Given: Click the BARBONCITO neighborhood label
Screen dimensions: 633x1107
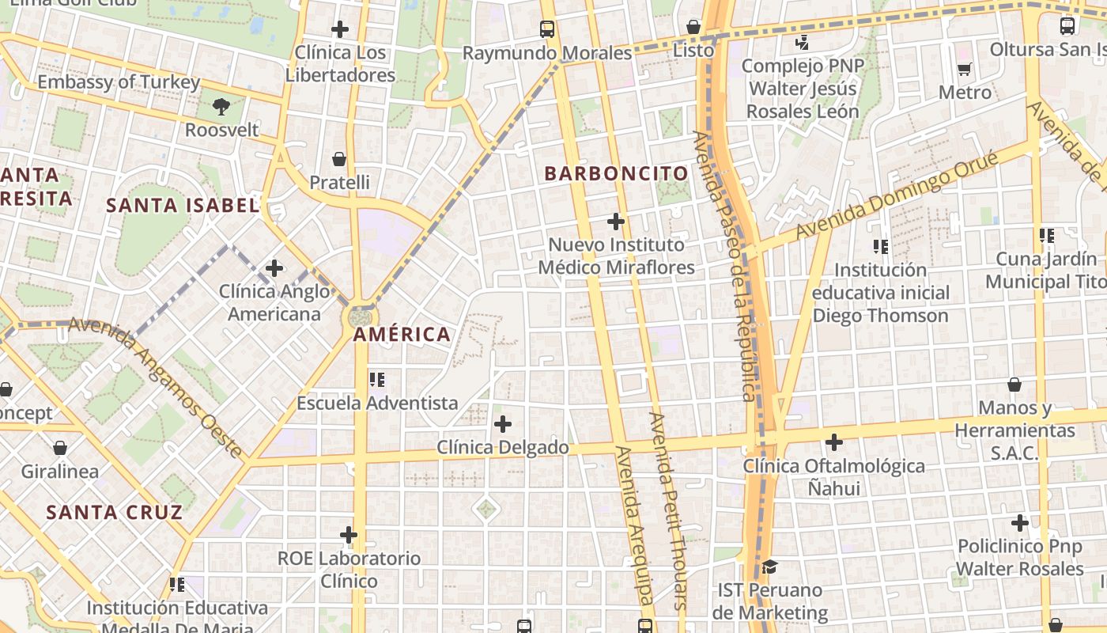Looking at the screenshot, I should tap(616, 173).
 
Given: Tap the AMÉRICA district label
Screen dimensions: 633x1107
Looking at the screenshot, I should tap(402, 334).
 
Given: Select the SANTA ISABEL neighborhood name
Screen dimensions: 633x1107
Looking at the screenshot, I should tap(183, 206).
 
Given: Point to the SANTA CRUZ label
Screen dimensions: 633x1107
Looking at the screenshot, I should tap(114, 512).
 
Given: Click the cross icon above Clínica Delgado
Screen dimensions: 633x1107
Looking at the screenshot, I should tap(503, 424).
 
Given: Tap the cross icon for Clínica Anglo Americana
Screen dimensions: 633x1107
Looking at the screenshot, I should tap(274, 268).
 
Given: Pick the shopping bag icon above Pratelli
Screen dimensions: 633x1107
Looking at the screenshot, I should tap(339, 159).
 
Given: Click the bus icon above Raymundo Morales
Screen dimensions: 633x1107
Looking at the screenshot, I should tap(547, 29).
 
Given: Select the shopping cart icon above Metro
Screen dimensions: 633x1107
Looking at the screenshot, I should tap(964, 70).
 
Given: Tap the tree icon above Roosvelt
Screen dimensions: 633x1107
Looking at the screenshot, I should tap(221, 106).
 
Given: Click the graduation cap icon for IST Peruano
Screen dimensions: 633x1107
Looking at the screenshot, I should tap(769, 567).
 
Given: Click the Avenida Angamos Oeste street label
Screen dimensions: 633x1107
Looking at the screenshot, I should tap(156, 387).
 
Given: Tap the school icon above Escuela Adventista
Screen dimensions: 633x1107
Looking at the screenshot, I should tap(377, 380).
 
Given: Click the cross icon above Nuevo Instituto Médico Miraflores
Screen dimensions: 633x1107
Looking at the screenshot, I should tap(616, 222).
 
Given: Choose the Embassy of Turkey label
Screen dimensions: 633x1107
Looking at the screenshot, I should tap(119, 82).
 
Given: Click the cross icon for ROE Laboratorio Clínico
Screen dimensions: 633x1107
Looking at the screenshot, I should tap(349, 535).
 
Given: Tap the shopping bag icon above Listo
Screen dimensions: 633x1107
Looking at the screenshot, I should tap(693, 27).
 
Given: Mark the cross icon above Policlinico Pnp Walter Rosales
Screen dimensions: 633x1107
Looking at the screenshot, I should tap(1020, 523).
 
